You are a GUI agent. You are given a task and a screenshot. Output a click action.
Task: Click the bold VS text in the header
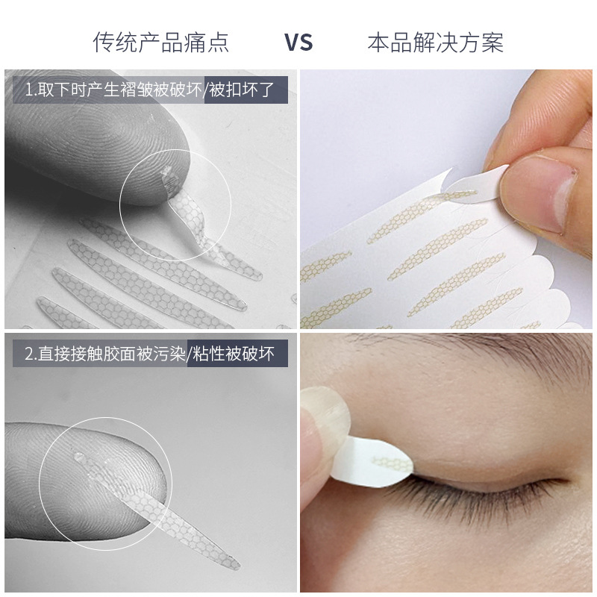click(298, 42)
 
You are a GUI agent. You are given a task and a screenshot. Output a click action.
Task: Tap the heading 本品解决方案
click(435, 42)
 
